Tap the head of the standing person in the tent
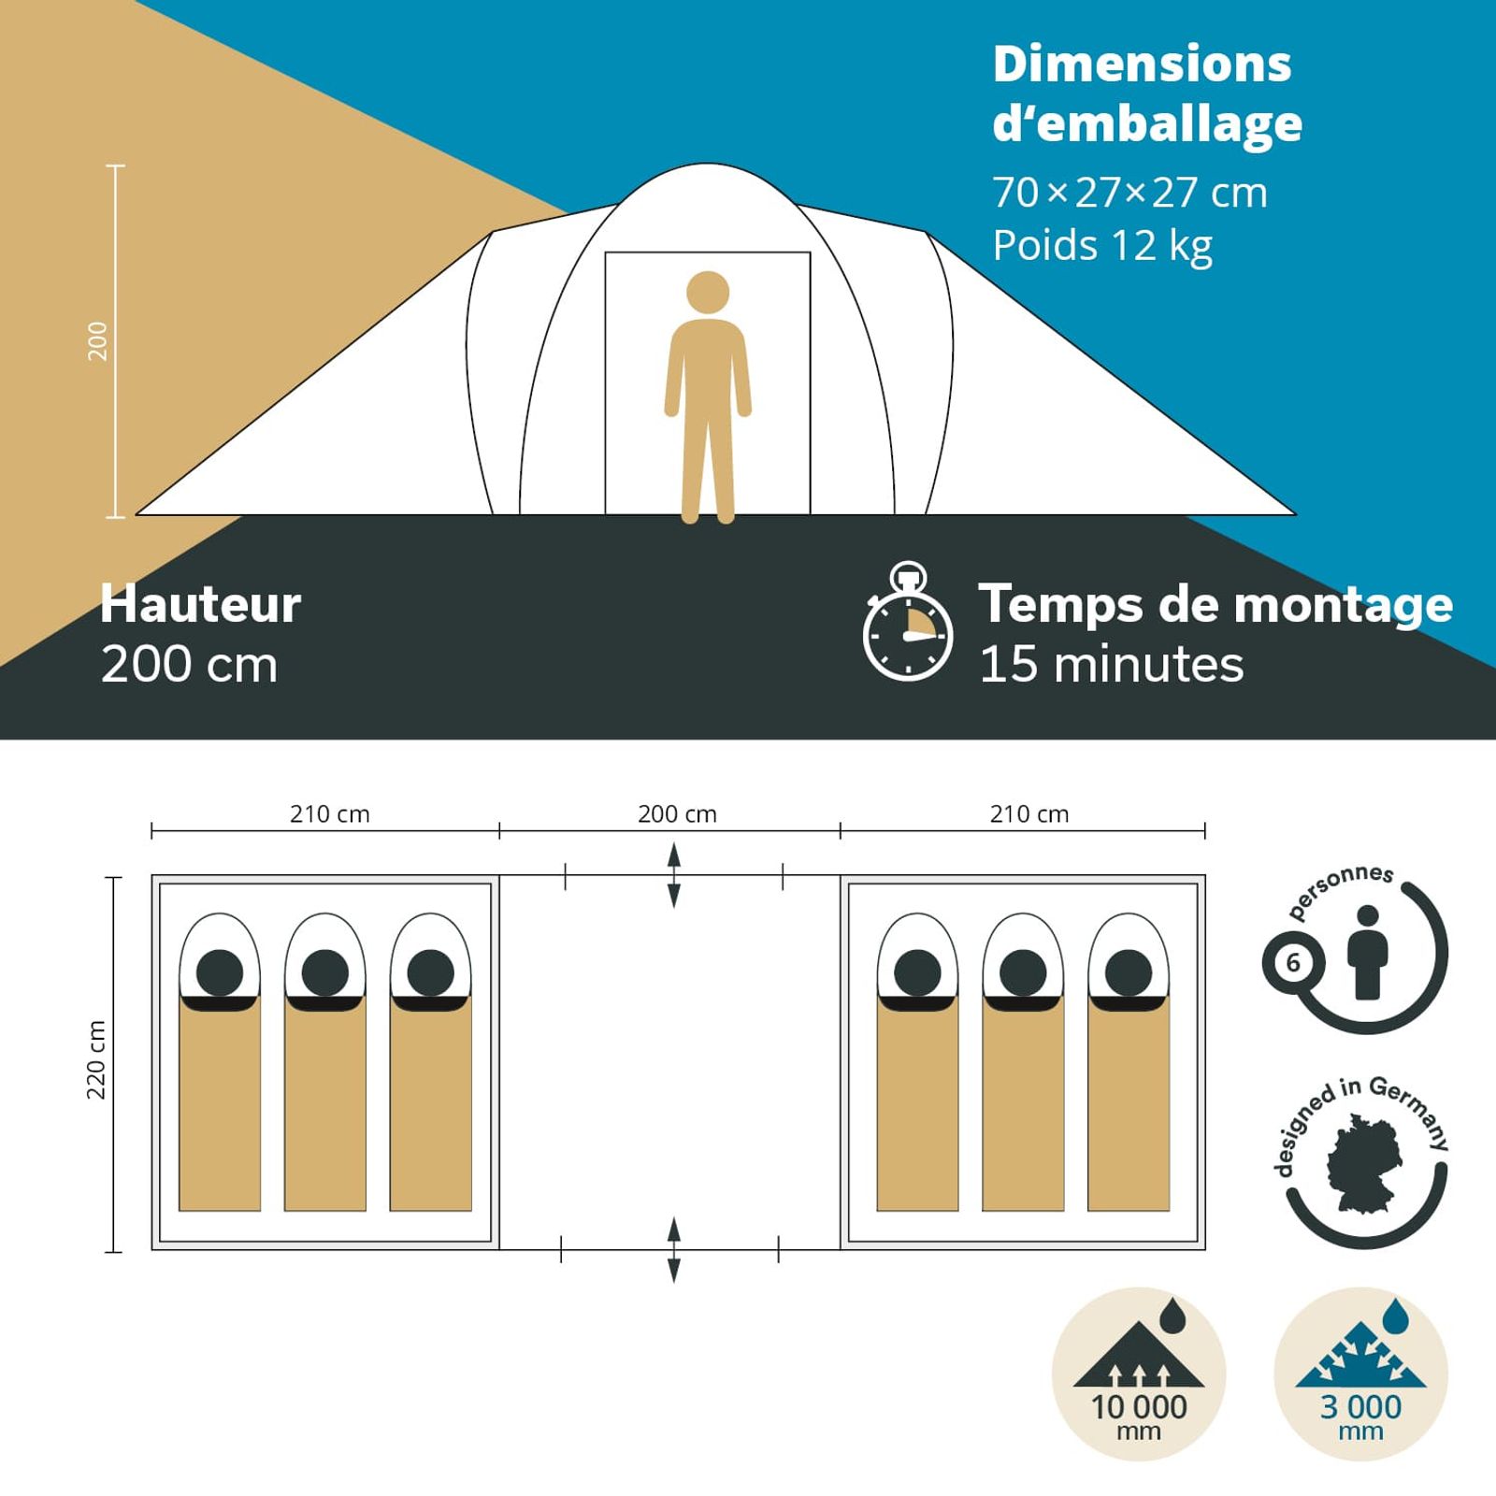(708, 293)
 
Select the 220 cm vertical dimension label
(96, 1059)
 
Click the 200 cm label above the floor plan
(677, 814)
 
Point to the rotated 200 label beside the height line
(98, 340)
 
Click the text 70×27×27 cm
(1129, 193)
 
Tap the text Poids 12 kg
(1102, 247)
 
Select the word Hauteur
(201, 604)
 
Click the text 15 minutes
(1112, 665)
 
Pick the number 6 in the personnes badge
(1293, 962)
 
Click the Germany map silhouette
(1364, 1163)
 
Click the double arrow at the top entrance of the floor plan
(673, 875)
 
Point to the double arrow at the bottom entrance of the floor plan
(673, 1249)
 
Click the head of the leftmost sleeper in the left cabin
(220, 972)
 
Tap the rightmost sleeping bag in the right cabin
(1129, 1103)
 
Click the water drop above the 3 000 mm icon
(1394, 1317)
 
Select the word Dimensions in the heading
(1142, 65)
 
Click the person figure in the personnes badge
(1367, 952)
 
